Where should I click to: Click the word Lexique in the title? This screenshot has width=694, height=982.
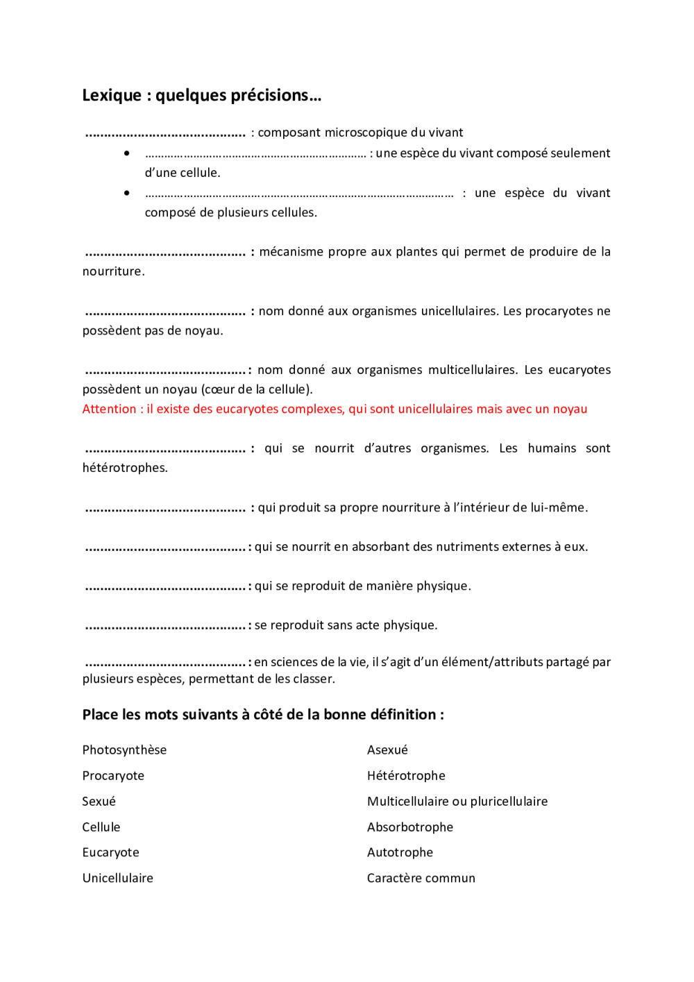pos(112,95)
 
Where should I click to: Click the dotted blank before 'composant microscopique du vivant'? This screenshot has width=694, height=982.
pos(165,133)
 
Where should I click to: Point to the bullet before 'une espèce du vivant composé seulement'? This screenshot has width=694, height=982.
pos(126,153)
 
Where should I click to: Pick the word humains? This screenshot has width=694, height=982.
pos(552,448)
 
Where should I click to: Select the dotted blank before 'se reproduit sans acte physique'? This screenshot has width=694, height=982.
pos(165,627)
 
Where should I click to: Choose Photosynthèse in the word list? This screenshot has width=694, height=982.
pos(124,750)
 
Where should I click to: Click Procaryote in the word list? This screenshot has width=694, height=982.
pos(113,776)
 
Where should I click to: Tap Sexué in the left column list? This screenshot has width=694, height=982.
pos(99,802)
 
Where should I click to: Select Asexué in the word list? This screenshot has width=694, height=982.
pos(387,750)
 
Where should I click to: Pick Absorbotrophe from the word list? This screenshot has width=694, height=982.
pos(409,827)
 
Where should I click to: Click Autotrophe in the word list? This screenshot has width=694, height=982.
pos(400,853)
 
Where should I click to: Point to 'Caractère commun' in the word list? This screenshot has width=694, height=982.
pos(421,879)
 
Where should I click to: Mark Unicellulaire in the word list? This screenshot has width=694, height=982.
pos(117,879)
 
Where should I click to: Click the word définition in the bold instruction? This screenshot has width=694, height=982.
pos(402,715)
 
